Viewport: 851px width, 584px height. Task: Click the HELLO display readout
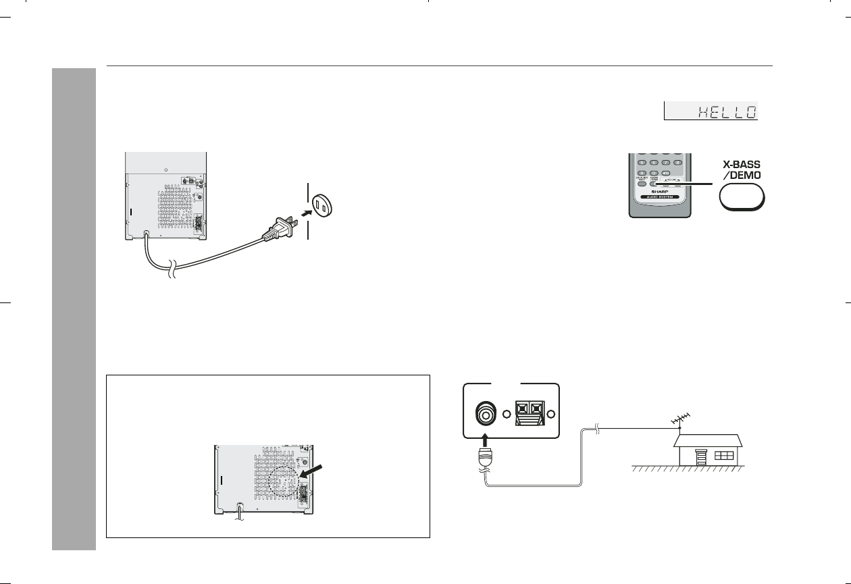click(x=711, y=111)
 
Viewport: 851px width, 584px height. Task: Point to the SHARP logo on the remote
click(x=660, y=191)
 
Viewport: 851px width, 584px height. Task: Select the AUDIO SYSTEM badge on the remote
click(x=660, y=198)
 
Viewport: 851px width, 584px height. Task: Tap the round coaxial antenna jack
click(x=485, y=413)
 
